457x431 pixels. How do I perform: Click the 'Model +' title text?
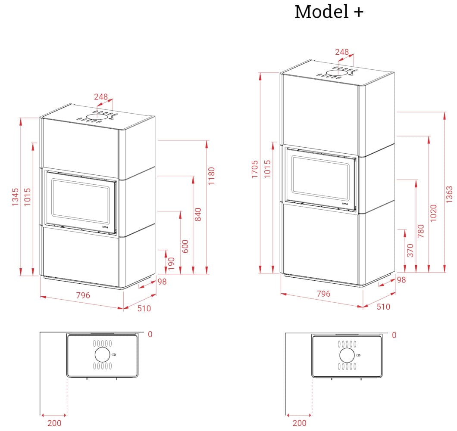[329, 12]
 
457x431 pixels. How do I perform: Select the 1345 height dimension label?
[16, 197]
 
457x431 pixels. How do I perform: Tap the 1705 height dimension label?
[255, 169]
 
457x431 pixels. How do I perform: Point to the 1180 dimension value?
[211, 176]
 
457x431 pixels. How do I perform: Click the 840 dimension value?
[198, 214]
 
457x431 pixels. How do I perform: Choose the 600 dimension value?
[185, 246]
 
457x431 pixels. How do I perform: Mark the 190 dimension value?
[172, 264]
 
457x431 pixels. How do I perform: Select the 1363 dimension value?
[450, 195]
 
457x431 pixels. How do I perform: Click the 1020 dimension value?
[434, 213]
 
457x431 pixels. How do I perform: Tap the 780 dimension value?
[421, 230]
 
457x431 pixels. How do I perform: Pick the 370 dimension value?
[410, 250]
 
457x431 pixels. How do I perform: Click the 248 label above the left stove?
[100, 97]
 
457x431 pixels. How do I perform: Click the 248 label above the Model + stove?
[342, 52]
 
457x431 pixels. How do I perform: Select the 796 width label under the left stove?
[83, 295]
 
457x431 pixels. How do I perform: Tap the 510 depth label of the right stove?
[383, 307]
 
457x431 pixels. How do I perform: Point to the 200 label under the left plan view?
[54, 423]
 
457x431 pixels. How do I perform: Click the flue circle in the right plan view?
[347, 355]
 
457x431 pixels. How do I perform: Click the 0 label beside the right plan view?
[394, 335]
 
